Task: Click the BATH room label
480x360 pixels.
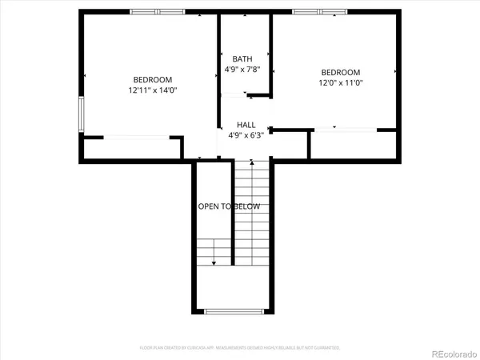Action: (x=242, y=59)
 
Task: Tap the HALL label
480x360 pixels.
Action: (x=246, y=125)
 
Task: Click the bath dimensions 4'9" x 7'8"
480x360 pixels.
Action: (x=242, y=70)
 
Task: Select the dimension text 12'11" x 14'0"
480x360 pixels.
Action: (x=152, y=90)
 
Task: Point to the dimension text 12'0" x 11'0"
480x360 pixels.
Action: (x=341, y=82)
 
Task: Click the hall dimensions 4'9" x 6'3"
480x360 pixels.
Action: (x=246, y=135)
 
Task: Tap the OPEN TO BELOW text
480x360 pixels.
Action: (x=229, y=206)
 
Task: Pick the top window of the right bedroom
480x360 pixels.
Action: (x=319, y=12)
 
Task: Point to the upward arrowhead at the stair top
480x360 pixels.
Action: (x=253, y=162)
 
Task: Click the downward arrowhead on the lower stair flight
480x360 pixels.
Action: (x=213, y=262)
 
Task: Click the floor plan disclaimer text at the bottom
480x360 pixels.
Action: (x=240, y=348)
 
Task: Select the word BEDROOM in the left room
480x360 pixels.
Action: (x=152, y=79)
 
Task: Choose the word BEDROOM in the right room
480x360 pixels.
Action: (x=341, y=71)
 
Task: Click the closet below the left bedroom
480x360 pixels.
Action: (x=132, y=149)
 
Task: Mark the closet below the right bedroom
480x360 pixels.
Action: (x=353, y=144)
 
